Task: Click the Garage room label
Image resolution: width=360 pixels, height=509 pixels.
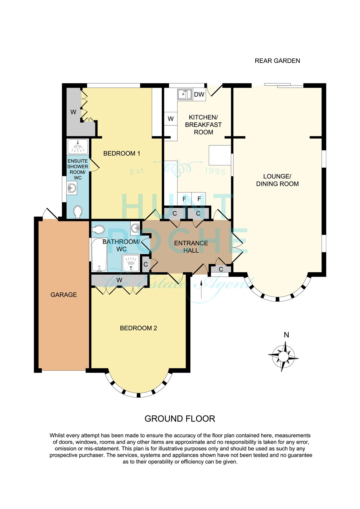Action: pos(63,295)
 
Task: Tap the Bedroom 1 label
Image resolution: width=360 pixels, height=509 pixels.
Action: pos(122,153)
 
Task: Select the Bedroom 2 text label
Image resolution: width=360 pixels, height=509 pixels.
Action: pos(138,328)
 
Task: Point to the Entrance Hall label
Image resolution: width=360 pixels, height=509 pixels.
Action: pos(191,247)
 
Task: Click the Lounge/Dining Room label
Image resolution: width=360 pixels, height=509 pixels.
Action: pos(278,180)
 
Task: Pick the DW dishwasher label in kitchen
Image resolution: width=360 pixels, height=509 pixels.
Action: pos(199,94)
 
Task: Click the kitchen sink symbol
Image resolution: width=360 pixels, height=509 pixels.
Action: pos(184,94)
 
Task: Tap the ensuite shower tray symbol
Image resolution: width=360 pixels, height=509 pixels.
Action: pos(78,147)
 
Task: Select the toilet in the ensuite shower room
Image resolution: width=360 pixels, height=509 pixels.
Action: pos(78,212)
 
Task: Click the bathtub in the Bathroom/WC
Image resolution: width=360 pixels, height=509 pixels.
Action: pos(99,255)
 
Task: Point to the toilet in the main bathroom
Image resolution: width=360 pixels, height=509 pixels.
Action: pos(97,229)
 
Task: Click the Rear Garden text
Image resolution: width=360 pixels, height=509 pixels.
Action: pos(277,61)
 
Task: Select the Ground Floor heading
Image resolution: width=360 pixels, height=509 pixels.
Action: pos(180,419)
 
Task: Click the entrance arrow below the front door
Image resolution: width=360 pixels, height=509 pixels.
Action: pos(201,289)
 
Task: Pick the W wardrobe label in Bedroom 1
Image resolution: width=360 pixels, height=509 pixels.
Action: pos(73,112)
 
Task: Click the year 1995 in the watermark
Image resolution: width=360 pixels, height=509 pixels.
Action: pos(215,171)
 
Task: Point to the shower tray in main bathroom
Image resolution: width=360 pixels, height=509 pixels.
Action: pos(131,263)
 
